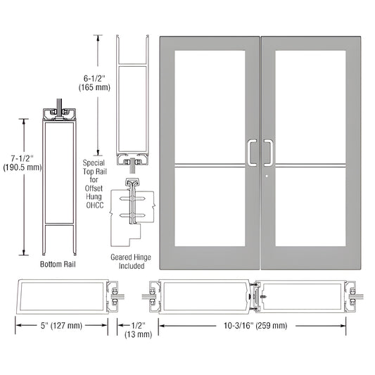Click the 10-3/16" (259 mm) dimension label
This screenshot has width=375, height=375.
click(251, 325)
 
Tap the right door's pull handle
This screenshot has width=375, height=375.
click(268, 152)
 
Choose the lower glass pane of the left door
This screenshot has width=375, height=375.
click(208, 207)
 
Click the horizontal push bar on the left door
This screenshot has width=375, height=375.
click(208, 167)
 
